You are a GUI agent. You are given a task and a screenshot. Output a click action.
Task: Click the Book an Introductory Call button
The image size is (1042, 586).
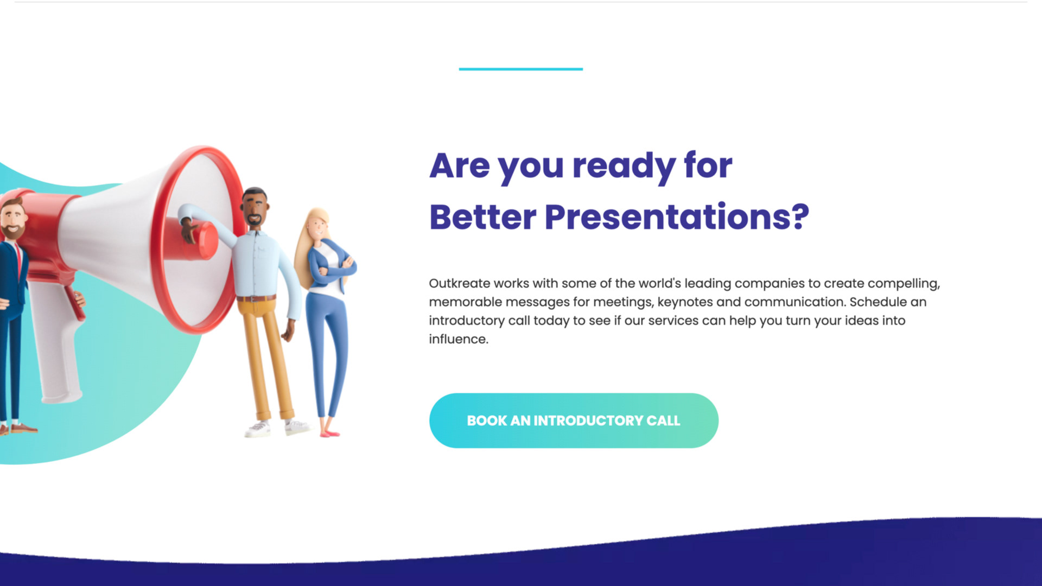pyautogui.click(x=574, y=421)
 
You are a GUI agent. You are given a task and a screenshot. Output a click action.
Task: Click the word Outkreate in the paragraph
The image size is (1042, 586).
pyautogui.click(x=459, y=283)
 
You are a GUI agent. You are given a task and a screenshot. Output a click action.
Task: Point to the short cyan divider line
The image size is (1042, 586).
pyautogui.click(x=520, y=69)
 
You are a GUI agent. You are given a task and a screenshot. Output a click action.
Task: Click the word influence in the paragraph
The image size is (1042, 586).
pyautogui.click(x=458, y=339)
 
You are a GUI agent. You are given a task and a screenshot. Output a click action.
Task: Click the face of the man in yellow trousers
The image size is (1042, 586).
pyautogui.click(x=255, y=209)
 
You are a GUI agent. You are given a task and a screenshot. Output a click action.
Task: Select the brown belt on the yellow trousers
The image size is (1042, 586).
pyautogui.click(x=257, y=298)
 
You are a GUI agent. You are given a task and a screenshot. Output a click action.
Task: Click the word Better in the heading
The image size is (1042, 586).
pyautogui.click(x=482, y=217)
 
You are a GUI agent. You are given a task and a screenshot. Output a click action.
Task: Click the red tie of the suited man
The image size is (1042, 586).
pyautogui.click(x=19, y=260)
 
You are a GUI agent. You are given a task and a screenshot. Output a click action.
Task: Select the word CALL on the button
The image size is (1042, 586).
pyautogui.click(x=663, y=421)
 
